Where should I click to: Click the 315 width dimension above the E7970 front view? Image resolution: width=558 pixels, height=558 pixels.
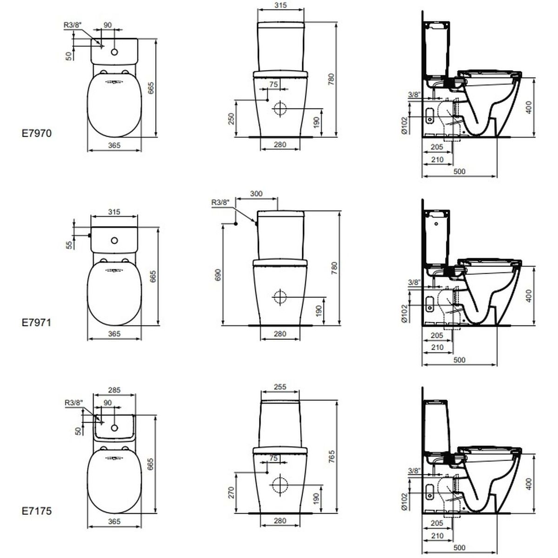click(x=280, y=6)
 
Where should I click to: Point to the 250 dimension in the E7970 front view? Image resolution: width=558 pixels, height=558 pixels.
click(x=231, y=119)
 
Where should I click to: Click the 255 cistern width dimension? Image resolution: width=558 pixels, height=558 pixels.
click(x=280, y=387)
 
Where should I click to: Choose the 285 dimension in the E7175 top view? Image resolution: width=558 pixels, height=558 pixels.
click(x=114, y=391)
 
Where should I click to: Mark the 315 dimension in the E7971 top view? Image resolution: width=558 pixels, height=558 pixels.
click(x=114, y=212)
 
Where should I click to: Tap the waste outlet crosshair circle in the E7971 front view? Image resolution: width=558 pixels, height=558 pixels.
click(x=280, y=297)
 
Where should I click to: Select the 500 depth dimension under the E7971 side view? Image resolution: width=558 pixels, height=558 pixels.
click(x=458, y=359)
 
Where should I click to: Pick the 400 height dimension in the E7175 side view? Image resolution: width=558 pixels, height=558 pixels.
click(x=529, y=485)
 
